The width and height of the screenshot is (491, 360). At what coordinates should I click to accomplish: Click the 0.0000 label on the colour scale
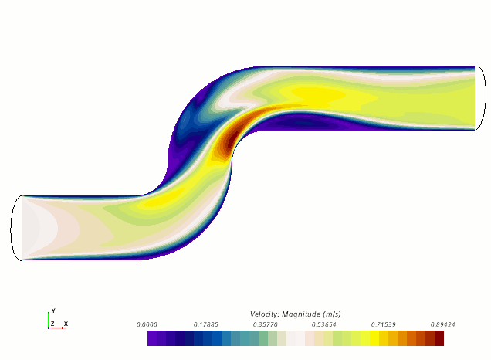(x=147, y=324)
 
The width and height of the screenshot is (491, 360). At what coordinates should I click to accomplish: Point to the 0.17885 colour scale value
(x=205, y=324)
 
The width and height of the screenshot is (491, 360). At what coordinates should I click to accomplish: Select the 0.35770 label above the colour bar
(x=266, y=324)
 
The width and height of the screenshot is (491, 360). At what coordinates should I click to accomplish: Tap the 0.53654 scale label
(x=323, y=324)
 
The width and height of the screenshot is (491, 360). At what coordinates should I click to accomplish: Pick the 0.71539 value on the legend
(x=383, y=324)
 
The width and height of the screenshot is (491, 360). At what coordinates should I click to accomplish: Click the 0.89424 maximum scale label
(x=443, y=324)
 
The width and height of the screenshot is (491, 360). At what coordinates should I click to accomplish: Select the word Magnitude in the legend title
(x=301, y=314)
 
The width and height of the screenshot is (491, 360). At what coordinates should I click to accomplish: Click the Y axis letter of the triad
(x=53, y=311)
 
